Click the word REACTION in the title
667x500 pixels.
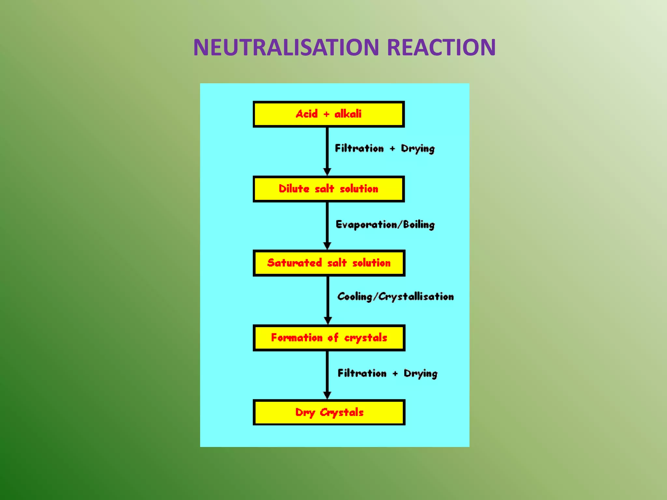pos(441,48)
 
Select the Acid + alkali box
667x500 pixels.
pos(329,114)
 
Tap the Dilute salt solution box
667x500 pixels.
pos(329,189)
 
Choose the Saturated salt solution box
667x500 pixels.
pos(329,263)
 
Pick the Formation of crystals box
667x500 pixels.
pos(329,338)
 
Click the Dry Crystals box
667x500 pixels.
pos(329,412)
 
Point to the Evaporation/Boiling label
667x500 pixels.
pos(385,225)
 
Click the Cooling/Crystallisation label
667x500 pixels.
pos(395,297)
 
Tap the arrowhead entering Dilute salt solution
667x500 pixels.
pos(327,172)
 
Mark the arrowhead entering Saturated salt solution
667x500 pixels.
pos(327,245)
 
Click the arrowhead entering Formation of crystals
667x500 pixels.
pos(328,320)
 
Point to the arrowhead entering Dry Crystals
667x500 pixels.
pos(327,395)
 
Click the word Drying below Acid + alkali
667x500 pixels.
pos(418,149)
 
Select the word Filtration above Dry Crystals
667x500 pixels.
pos(362,373)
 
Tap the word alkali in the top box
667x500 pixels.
pos(348,114)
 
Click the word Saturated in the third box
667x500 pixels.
pos(294,263)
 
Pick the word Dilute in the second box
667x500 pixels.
pos(294,189)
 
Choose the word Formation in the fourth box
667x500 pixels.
pos(297,338)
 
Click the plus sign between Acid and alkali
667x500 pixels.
pos(326,114)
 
